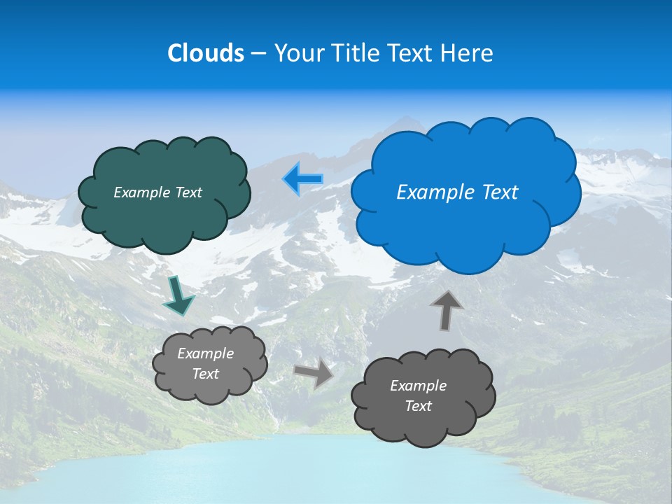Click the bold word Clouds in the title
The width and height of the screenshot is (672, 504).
click(x=206, y=53)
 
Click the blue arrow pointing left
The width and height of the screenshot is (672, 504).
click(x=302, y=179)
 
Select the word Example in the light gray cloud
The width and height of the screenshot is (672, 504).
click(x=205, y=353)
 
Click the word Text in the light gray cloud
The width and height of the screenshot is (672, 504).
click(x=205, y=374)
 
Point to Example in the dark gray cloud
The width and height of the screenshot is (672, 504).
click(x=418, y=386)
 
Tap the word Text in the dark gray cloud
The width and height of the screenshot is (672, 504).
click(x=418, y=406)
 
